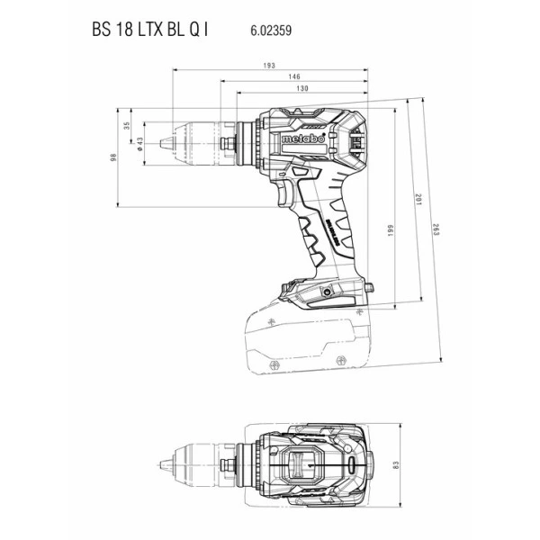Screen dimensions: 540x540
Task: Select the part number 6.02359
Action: click(x=270, y=30)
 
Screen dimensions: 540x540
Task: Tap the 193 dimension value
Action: click(x=269, y=66)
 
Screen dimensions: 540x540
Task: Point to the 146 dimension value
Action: click(x=295, y=78)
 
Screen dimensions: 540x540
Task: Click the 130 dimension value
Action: click(x=302, y=89)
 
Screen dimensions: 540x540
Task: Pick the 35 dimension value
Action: click(x=127, y=126)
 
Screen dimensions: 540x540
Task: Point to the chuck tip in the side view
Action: click(x=161, y=141)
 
